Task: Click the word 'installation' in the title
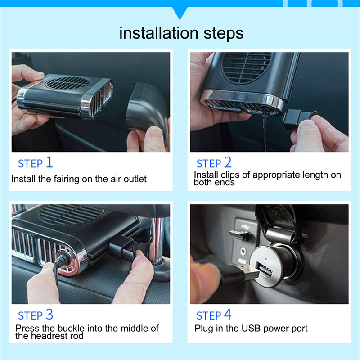[x=159, y=33]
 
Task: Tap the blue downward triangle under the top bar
[x=180, y=13]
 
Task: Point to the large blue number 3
[x=49, y=314]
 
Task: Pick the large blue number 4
[x=228, y=314]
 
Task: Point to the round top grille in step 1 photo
[x=67, y=83]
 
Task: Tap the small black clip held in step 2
[x=298, y=119]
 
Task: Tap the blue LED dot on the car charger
[x=266, y=259]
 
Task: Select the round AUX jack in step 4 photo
[x=243, y=251]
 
